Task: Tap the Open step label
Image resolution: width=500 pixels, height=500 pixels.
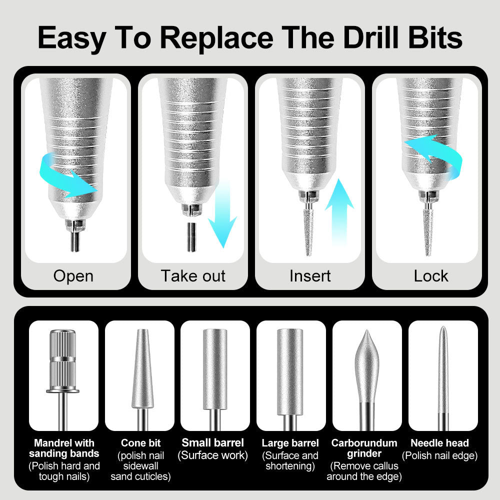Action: (73, 276)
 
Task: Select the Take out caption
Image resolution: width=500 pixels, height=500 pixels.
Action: (193, 276)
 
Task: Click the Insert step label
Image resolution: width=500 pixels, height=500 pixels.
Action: (310, 276)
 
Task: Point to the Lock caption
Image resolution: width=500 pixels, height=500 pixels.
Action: (431, 276)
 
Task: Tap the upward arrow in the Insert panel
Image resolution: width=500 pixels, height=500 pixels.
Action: (339, 210)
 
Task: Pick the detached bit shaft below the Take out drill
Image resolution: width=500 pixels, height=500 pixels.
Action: (191, 236)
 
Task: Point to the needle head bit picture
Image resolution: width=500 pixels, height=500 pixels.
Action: (442, 375)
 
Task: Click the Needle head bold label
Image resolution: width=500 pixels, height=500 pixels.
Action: (439, 443)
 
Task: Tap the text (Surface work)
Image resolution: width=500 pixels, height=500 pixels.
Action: (212, 455)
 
